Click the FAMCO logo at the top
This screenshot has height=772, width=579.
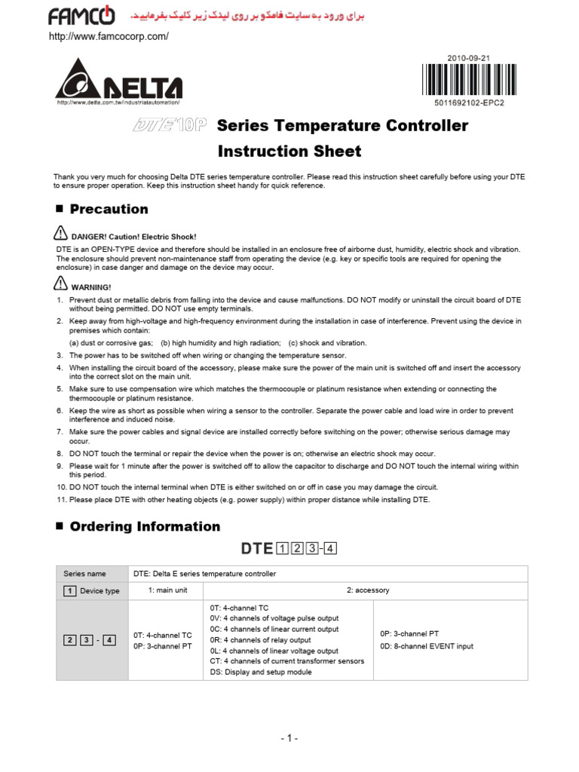pos(82,15)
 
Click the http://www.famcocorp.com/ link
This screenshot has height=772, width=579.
pos(108,36)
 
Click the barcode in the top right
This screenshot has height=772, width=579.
pos(464,80)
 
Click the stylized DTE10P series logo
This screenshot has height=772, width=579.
pos(170,126)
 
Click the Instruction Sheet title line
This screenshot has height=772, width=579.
pos(289,151)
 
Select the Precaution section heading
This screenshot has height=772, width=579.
pos(109,209)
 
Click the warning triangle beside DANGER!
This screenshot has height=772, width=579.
pos(61,234)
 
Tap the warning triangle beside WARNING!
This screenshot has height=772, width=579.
pos(61,284)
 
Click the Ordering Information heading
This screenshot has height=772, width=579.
pos(145,526)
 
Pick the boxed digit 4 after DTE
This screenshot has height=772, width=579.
pos(329,549)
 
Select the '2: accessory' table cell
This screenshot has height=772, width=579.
pos(368,590)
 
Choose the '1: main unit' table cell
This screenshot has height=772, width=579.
pos(166,590)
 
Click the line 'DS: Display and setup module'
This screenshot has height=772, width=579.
pos(259,672)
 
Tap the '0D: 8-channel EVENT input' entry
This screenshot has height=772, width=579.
pos(426,645)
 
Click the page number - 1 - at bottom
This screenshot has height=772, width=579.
pos(289,739)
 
